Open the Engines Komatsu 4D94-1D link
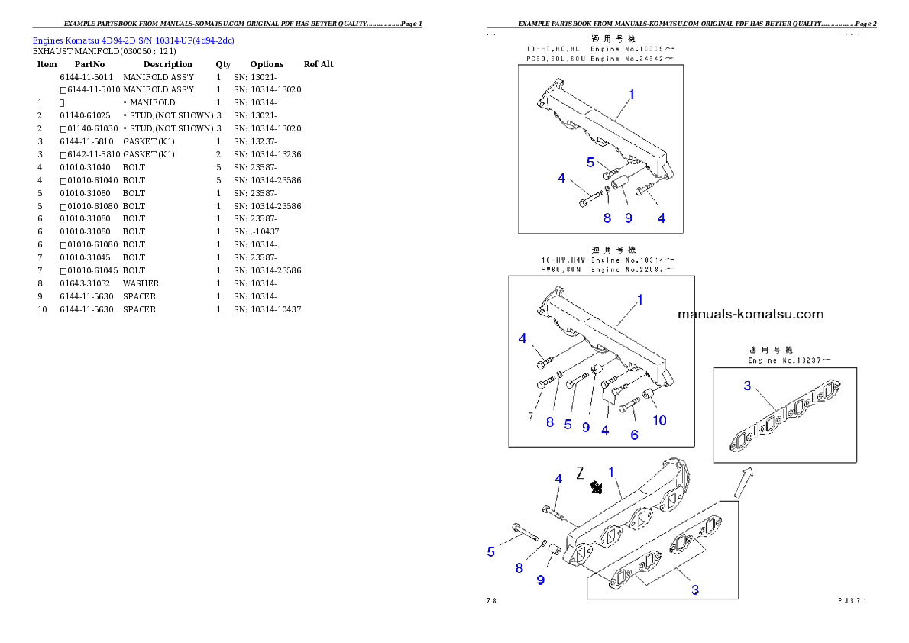[133, 40]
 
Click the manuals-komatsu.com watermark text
[750, 314]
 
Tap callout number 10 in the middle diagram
[658, 420]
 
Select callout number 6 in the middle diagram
[634, 434]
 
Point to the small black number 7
[530, 415]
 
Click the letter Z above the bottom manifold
[581, 473]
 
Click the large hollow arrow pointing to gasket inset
[742, 481]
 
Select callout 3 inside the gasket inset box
[747, 386]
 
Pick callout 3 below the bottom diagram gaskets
[694, 589]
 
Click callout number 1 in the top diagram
[632, 95]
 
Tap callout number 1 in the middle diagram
[640, 300]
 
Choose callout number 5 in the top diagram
[590, 162]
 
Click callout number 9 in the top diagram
[628, 218]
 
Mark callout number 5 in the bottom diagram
[491, 551]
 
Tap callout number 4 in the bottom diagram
[558, 479]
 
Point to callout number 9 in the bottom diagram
[540, 580]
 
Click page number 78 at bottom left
[491, 600]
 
